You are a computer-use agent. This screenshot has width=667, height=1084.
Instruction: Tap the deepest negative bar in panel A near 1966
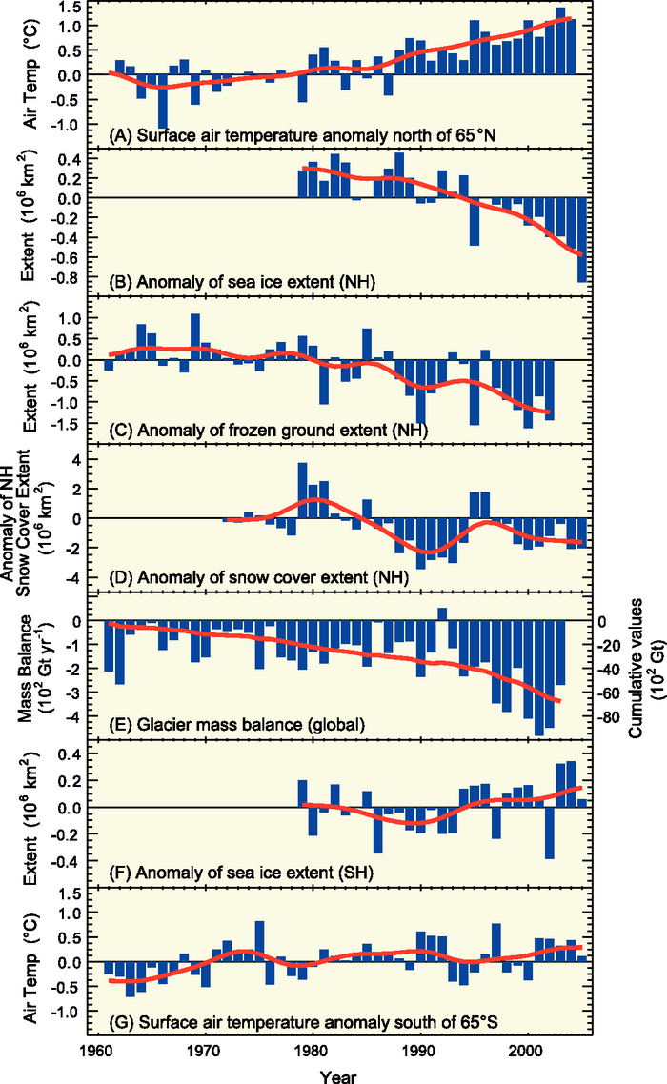[163, 101]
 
